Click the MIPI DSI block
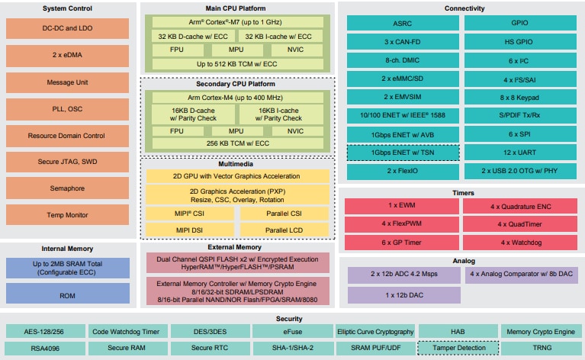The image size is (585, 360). [190, 229]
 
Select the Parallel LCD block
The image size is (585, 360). [283, 229]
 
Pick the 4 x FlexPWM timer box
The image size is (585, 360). [403, 224]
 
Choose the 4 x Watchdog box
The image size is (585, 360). [518, 243]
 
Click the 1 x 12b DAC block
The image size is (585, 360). [403, 294]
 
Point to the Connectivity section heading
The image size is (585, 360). [459, 8]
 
